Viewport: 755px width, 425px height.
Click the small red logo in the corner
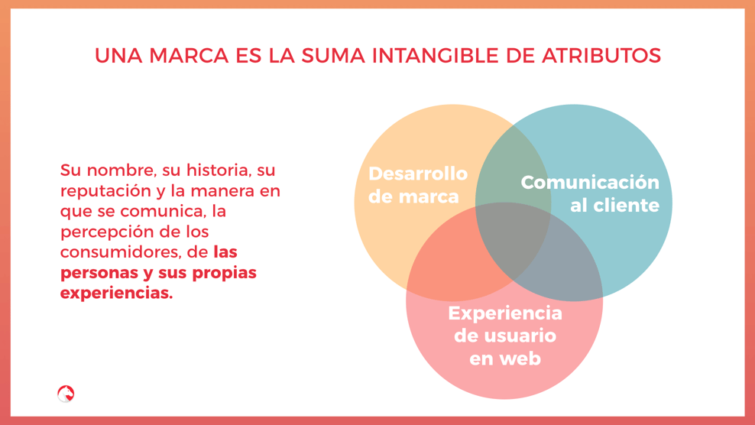66,394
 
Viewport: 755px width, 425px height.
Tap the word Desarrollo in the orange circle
418,174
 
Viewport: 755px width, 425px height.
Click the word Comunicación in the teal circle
590,183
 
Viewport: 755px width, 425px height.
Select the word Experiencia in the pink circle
504,313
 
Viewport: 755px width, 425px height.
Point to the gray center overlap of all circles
512,241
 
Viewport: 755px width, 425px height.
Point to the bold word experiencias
116,294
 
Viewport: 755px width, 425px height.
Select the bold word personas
94,273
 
